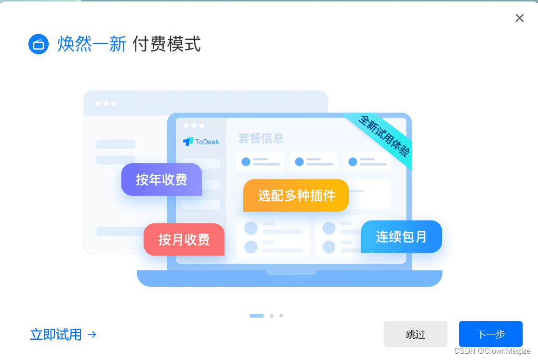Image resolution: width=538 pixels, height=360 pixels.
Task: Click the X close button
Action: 519,18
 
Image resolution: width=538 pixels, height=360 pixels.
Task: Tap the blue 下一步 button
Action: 490,334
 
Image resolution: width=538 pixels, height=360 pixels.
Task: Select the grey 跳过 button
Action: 415,334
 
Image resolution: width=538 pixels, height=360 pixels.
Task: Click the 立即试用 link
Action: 56,334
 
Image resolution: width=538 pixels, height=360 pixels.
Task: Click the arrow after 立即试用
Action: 92,334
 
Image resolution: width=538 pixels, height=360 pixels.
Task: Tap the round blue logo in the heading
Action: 39,44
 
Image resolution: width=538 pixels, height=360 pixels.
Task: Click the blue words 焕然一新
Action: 92,44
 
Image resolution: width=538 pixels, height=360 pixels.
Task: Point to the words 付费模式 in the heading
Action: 167,44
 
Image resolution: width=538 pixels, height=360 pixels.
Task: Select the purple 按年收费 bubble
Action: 161,180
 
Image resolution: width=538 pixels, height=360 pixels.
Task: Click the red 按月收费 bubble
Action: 184,239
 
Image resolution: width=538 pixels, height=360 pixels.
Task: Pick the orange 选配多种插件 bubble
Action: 296,195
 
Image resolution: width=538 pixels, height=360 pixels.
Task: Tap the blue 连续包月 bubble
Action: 401,236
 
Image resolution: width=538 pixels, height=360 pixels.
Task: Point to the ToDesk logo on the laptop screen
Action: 201,141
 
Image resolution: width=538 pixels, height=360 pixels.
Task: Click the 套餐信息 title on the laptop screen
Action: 261,139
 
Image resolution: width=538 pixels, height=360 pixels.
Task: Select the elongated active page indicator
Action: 257,316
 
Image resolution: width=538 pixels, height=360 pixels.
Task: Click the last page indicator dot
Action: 281,316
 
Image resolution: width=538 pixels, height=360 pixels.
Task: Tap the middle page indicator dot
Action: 272,316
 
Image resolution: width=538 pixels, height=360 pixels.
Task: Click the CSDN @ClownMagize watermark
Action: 492,351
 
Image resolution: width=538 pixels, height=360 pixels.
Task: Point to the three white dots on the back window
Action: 105,103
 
